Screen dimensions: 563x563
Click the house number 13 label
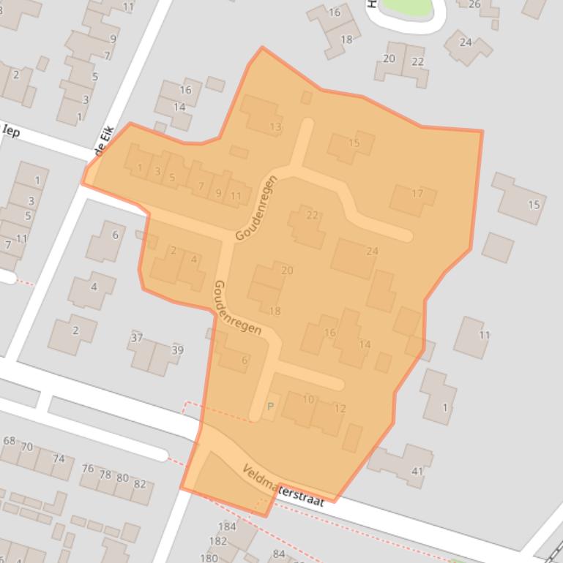(x=275, y=126)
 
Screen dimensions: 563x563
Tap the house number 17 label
(x=417, y=194)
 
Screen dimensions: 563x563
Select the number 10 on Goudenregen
(x=308, y=399)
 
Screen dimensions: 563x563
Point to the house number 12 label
(x=340, y=409)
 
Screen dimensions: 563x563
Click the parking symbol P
(x=270, y=407)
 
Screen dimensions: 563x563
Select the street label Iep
(x=11, y=132)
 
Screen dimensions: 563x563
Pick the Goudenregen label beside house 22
(x=256, y=208)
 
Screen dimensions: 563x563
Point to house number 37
(x=137, y=338)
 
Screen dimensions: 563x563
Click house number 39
(x=176, y=351)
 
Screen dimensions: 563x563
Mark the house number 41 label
(x=417, y=471)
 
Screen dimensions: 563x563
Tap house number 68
(x=10, y=441)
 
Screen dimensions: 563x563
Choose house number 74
(x=59, y=459)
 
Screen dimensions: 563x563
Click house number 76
(x=88, y=469)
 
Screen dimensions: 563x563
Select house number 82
(x=140, y=484)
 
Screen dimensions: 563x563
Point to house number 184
(x=227, y=526)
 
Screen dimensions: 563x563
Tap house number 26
(x=474, y=4)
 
